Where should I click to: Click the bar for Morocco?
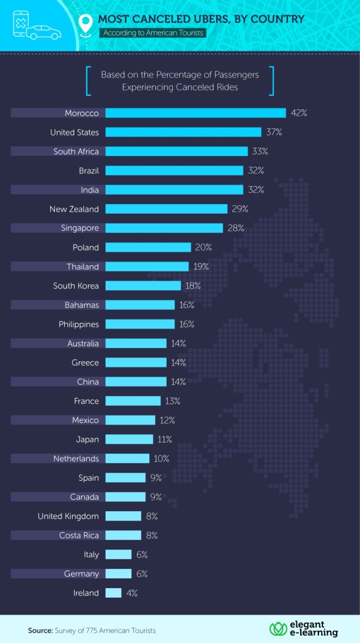(x=196, y=113)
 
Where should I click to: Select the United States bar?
(x=183, y=132)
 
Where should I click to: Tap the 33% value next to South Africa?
(x=260, y=151)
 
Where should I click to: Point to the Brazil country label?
(x=89, y=171)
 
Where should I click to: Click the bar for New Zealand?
(x=166, y=209)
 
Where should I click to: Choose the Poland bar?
(x=148, y=248)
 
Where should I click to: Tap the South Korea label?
(x=76, y=286)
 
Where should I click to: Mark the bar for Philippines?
(x=140, y=324)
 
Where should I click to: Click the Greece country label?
(x=85, y=363)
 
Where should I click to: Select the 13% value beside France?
(x=172, y=401)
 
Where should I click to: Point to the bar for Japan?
(x=129, y=439)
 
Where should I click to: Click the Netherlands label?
(x=76, y=459)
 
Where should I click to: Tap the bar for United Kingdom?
(x=123, y=516)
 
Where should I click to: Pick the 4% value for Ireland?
(x=131, y=593)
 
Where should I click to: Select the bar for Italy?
(x=118, y=554)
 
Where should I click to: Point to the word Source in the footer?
(x=40, y=630)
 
